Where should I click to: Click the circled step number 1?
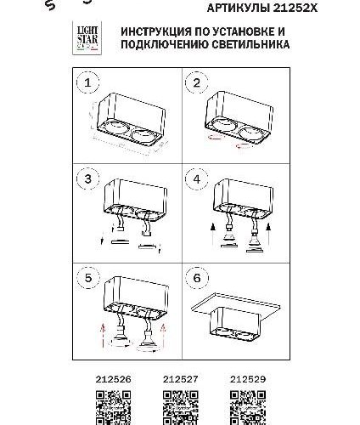pyautogui.click(x=84, y=82)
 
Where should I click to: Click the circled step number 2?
pyautogui.click(x=198, y=82)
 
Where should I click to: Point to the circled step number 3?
pyautogui.click(x=84, y=179)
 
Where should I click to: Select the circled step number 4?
pyautogui.click(x=198, y=179)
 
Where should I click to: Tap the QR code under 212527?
pyautogui.click(x=179, y=405)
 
